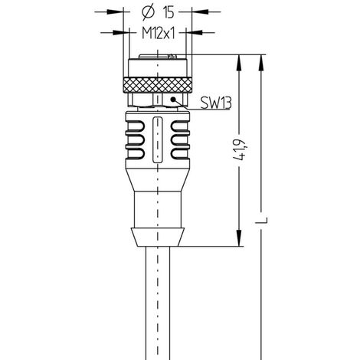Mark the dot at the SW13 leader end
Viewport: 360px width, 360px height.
click(175, 99)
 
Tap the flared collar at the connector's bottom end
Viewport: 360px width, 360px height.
click(156, 234)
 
